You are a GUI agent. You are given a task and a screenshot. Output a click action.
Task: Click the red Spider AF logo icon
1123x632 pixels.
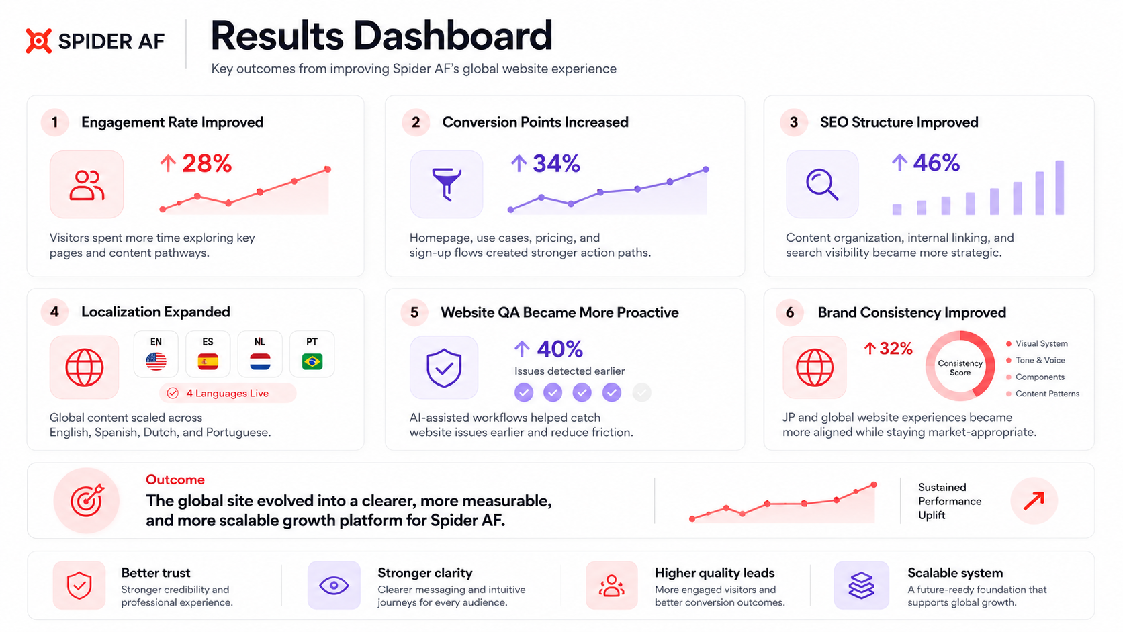click(x=38, y=40)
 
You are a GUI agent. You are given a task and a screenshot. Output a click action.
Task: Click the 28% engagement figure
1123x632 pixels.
click(x=207, y=163)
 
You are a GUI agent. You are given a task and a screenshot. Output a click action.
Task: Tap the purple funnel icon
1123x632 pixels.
click(x=446, y=184)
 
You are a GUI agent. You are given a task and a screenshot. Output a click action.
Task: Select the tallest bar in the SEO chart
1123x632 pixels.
click(x=1059, y=187)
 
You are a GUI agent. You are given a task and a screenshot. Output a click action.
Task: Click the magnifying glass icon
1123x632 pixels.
click(x=821, y=185)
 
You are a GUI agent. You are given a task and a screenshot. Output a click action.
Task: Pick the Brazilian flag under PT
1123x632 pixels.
click(x=312, y=361)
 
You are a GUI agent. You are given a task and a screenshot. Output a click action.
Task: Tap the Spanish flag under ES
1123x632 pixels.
click(x=208, y=361)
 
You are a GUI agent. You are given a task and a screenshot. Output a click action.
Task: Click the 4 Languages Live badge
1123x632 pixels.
click(x=228, y=393)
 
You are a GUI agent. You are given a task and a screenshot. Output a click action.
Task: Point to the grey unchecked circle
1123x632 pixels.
click(x=641, y=392)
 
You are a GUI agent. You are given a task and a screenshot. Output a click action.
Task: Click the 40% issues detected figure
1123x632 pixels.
click(x=559, y=349)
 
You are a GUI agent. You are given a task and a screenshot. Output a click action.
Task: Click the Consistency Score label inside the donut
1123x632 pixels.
click(x=960, y=368)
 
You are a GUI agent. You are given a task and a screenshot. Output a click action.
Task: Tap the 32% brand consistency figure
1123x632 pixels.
click(x=895, y=349)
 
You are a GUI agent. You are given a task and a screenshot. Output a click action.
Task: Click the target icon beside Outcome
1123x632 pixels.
click(x=86, y=500)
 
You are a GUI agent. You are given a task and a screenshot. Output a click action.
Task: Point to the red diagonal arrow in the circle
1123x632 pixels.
click(x=1034, y=500)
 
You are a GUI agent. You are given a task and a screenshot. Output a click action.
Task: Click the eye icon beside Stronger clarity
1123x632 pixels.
click(x=334, y=586)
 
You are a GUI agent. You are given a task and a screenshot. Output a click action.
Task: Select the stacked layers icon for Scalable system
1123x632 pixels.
click(x=861, y=586)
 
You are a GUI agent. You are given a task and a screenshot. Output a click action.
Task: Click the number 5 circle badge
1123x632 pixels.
click(x=414, y=312)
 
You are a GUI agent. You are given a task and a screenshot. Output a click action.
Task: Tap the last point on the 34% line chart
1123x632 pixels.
click(x=705, y=169)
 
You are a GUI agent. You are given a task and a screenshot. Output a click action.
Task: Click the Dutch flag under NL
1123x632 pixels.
click(x=260, y=361)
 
